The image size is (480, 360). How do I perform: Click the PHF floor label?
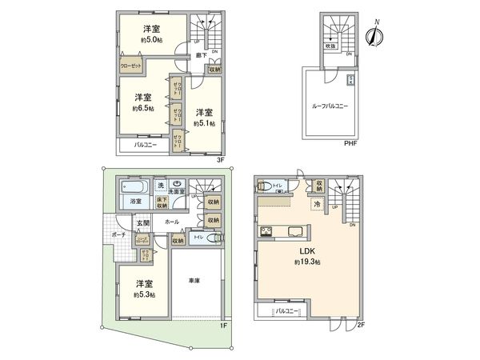(x=350, y=143)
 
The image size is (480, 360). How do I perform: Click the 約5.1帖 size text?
(x=204, y=124)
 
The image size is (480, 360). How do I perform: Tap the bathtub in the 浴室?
(x=132, y=188)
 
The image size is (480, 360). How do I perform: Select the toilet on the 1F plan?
(x=211, y=238)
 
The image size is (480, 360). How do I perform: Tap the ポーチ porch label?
(x=118, y=234)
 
